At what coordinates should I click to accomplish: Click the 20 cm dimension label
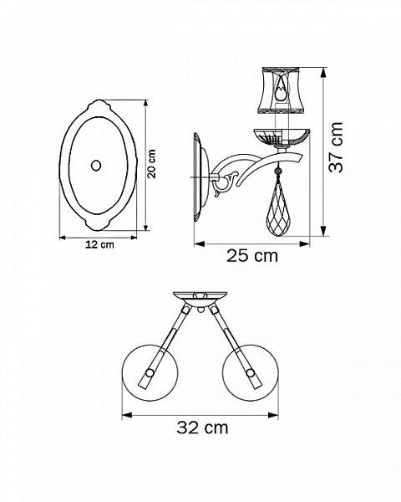(x=151, y=164)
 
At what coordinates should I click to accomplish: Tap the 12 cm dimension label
(x=99, y=245)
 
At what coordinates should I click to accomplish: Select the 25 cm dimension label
(x=252, y=256)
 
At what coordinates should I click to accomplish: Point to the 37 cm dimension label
(x=336, y=147)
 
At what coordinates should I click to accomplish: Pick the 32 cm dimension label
(x=202, y=428)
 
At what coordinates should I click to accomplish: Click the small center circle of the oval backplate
(x=96, y=166)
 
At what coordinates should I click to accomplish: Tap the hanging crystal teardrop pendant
(x=277, y=213)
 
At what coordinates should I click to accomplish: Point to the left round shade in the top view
(x=150, y=372)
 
